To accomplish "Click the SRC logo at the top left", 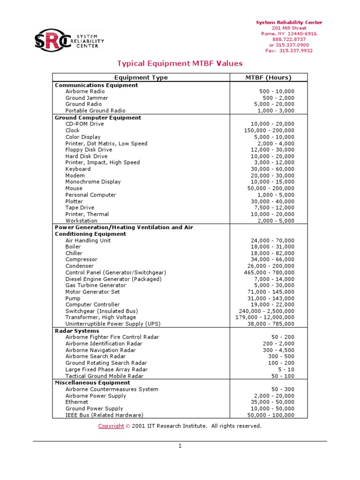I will coord(69,40).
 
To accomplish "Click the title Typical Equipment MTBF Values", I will coord(180,63).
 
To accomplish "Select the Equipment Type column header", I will coord(141,78).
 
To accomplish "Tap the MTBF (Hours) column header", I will coord(268,78).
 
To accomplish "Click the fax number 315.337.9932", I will coord(289,51).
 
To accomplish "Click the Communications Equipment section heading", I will coord(97,85).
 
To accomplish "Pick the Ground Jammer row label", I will coord(87,98).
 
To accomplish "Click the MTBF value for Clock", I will coord(269,130).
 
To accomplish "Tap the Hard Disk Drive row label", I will coord(86,156).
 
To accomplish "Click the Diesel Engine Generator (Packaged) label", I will coord(113,279).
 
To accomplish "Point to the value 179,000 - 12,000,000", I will coord(265,317).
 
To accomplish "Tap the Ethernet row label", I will coord(76,402).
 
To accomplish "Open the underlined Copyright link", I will coord(111,426).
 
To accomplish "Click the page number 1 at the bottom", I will coord(180,446).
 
